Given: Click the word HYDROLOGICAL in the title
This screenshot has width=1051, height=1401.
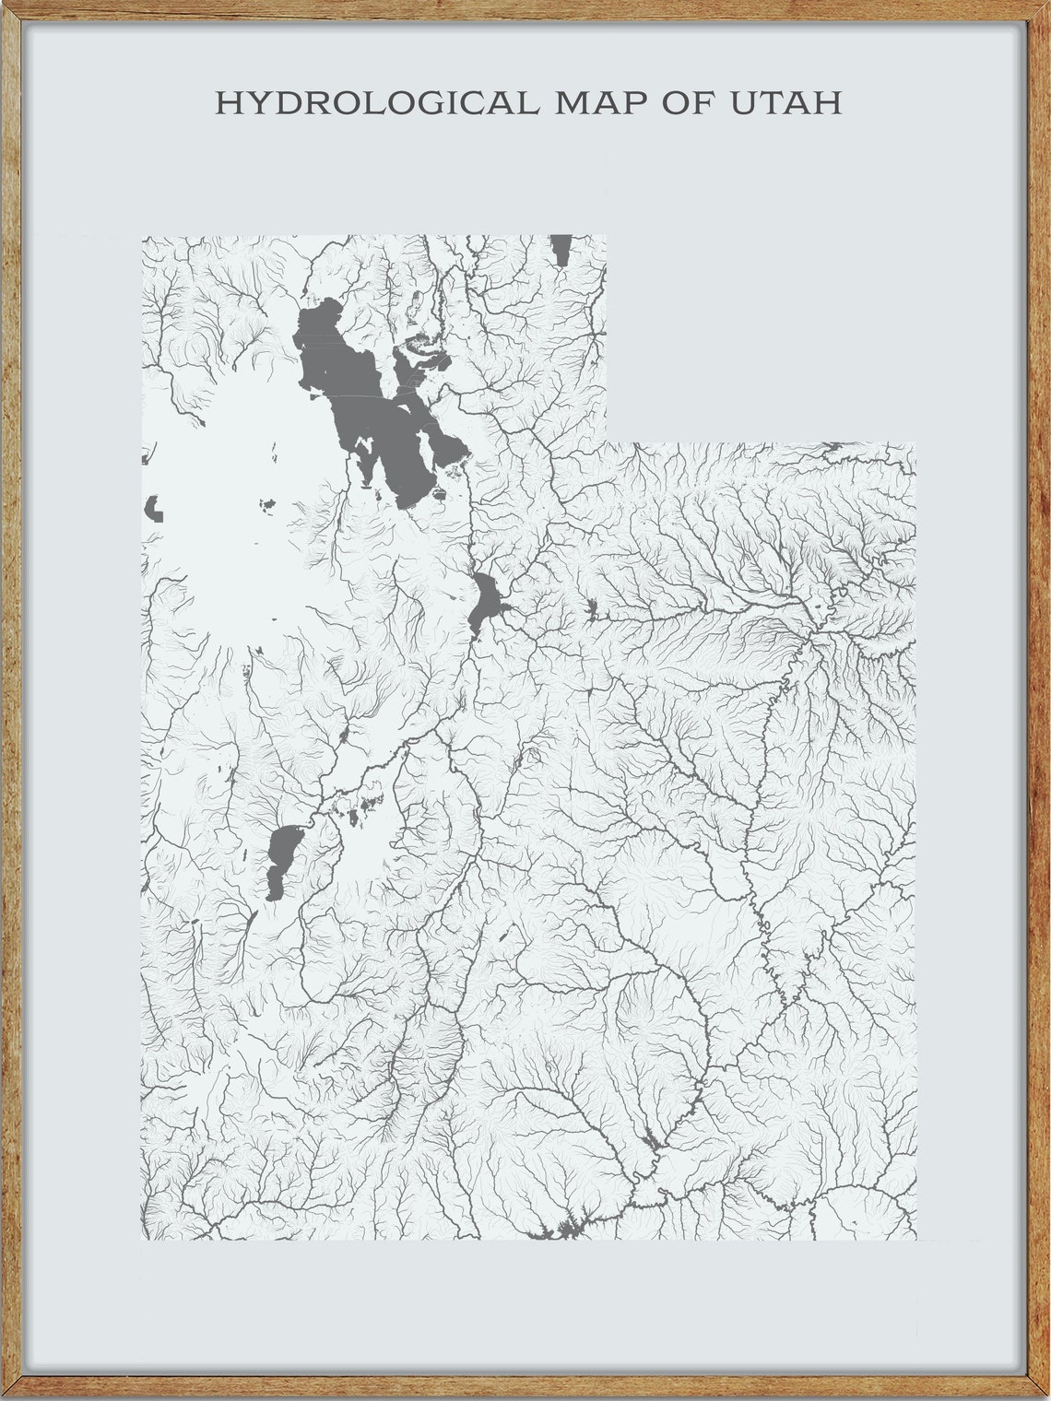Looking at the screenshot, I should (x=376, y=102).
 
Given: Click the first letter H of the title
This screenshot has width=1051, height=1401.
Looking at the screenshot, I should (x=226, y=102).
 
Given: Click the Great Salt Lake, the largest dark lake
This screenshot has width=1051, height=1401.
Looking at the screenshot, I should (x=369, y=406).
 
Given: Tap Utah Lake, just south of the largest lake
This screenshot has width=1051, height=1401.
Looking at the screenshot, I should (x=485, y=600).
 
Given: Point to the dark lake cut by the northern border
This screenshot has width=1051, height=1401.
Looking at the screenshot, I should (x=560, y=249).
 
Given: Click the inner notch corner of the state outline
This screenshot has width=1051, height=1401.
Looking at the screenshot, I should (x=607, y=443).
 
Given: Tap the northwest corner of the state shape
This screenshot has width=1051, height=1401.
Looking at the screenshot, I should (x=142, y=237).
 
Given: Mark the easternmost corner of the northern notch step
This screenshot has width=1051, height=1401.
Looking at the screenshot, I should (x=915, y=443).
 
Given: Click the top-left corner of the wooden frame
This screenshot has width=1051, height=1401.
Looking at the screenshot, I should (x=4, y=4).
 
